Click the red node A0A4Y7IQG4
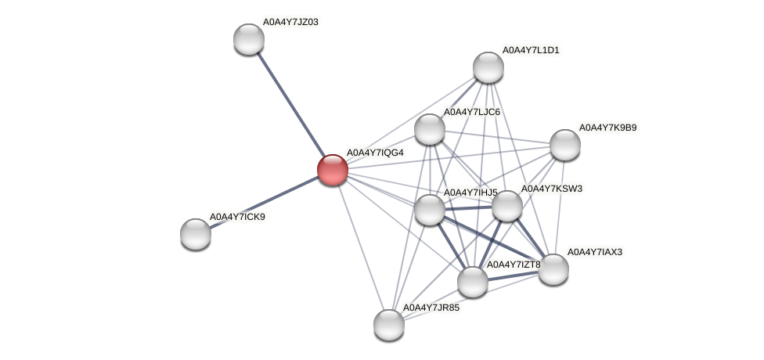coord(332,169)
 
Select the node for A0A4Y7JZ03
coord(249,39)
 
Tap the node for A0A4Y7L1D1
coord(488,67)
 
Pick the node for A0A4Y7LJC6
coord(430,129)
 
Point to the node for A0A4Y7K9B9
coord(564,145)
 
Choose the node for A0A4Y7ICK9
coord(196,233)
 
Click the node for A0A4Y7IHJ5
coord(430,209)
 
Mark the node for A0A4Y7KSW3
coord(507,206)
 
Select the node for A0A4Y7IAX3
coord(553,269)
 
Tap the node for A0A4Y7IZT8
coord(473,282)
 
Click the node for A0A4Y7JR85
coord(389,324)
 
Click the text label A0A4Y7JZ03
coord(290,22)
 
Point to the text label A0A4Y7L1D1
coord(531,50)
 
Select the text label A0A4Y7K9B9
coord(607,127)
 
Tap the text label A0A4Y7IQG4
coord(375,152)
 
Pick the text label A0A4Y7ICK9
coord(237,216)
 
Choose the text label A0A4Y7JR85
coord(431,307)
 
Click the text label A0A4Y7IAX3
coord(595,252)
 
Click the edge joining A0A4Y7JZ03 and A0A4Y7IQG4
coord(290,104)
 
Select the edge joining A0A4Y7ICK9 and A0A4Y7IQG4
coord(264,201)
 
